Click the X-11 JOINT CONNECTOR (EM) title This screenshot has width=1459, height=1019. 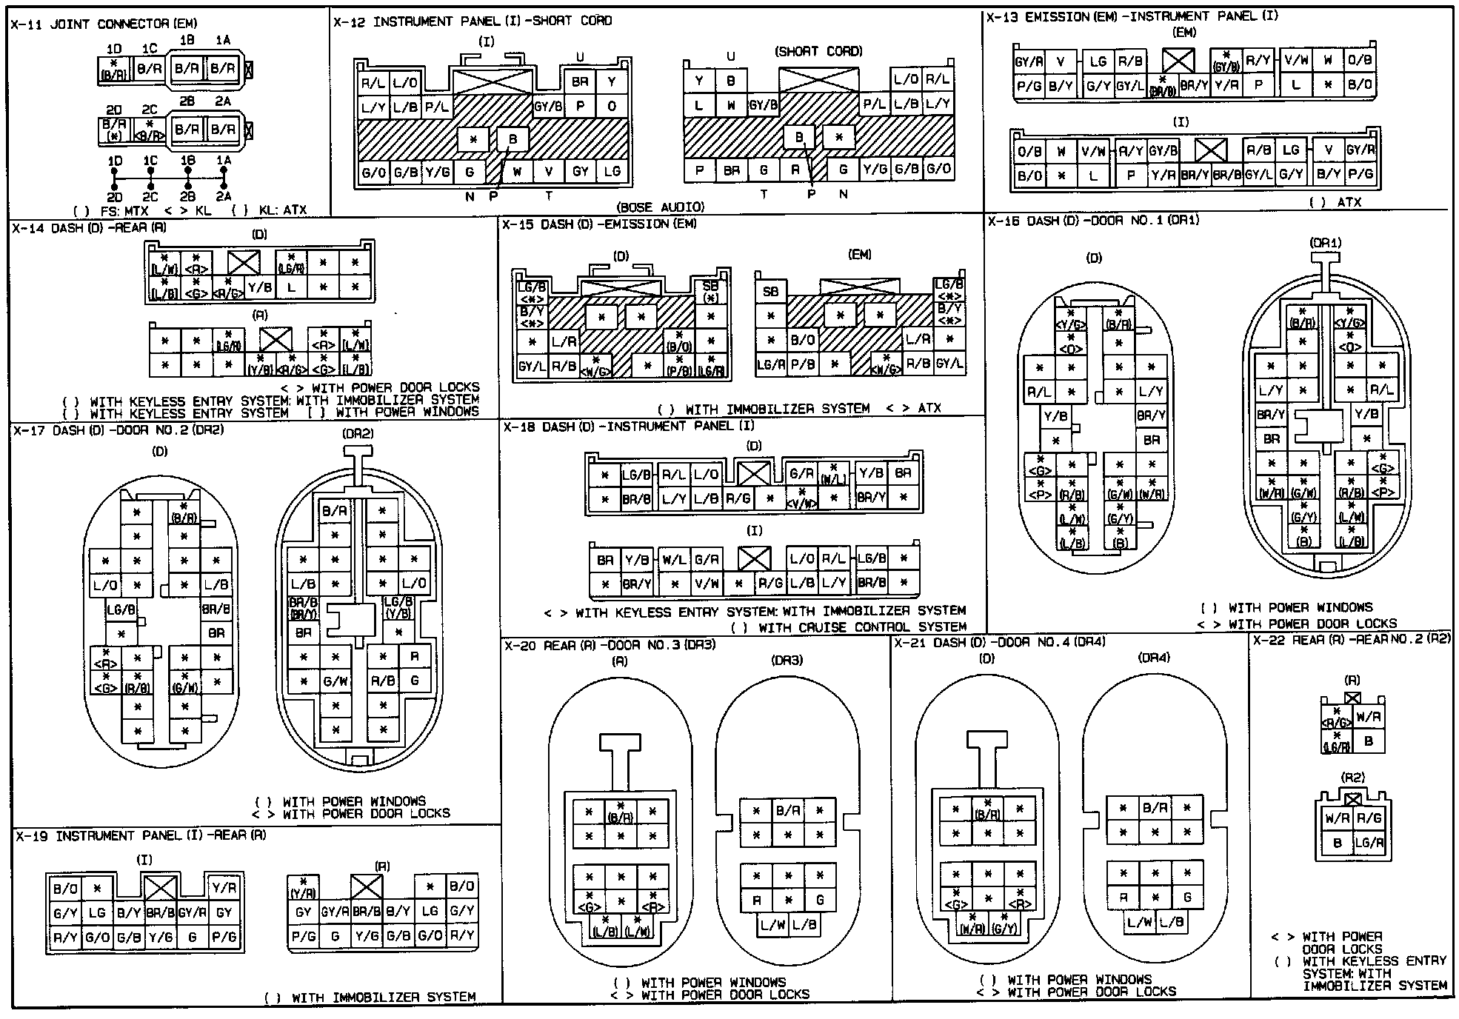pos(104,24)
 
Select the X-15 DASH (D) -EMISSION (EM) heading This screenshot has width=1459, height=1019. pos(599,224)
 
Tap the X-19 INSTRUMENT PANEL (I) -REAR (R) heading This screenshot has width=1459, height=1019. pos(141,835)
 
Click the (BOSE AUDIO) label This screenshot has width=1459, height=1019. pos(660,207)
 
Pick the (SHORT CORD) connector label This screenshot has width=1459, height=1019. pos(818,51)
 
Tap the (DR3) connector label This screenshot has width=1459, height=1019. pos(787,660)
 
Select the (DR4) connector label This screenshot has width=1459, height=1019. pos(1154,658)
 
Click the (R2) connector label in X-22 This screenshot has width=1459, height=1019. pos(1352,778)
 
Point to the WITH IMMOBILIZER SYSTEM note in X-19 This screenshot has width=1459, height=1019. pos(370,998)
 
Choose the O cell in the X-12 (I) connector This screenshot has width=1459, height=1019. pos(612,106)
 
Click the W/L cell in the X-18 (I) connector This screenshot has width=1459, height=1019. pos(674,560)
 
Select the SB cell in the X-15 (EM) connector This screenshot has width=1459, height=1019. pos(770,292)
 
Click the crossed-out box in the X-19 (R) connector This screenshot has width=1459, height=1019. pos(366,886)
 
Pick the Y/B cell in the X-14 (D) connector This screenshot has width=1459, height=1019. pos(259,287)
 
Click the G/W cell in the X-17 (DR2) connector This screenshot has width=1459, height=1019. pos(335,681)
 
